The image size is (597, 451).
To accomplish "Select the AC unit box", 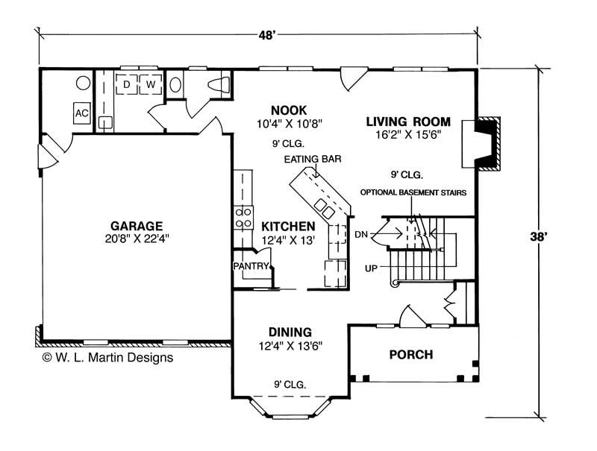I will (81, 113).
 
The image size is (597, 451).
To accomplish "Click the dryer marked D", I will (128, 83).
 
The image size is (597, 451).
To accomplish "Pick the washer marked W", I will (151, 83).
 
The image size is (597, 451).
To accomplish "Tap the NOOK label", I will (289, 110).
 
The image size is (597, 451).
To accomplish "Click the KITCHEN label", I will (287, 226).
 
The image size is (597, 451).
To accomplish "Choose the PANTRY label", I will (247, 265).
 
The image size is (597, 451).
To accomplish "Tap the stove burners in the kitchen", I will (243, 216).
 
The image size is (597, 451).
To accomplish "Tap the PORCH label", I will (410, 354).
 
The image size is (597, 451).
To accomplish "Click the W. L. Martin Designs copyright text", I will (107, 357).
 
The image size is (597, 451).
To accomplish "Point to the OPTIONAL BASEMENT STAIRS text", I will (413, 192).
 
